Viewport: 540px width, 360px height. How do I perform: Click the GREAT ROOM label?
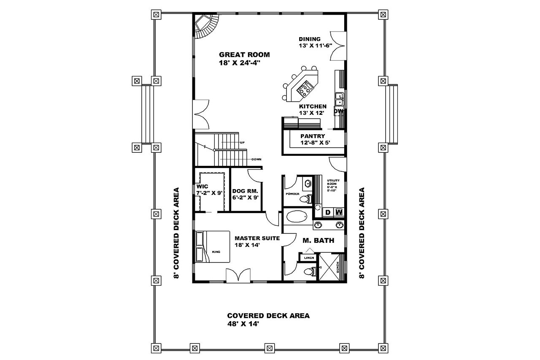pos(244,54)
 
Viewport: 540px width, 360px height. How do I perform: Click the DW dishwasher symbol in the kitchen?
pos(339,112)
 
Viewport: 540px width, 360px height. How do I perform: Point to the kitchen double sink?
pos(339,99)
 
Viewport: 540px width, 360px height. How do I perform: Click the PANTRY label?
pos(312,136)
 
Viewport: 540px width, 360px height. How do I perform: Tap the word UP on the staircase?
pos(242,143)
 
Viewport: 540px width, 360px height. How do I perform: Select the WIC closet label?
pos(202,186)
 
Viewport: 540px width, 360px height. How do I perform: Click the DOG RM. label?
pos(245,191)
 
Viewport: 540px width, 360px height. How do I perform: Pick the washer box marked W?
pos(339,212)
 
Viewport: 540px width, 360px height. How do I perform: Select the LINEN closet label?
pos(307,257)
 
